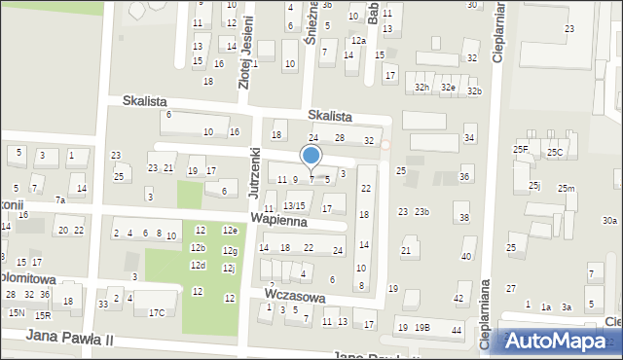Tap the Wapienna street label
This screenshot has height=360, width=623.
tap(277, 222)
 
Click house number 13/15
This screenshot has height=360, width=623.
tap(294, 205)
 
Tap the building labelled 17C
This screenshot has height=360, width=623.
tap(157, 312)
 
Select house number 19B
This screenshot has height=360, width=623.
tap(421, 328)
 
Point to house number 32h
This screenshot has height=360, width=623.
tap(421, 88)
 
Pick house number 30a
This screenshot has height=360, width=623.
tap(609, 221)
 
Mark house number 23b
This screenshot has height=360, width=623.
tap(421, 212)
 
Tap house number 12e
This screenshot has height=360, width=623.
tap(230, 231)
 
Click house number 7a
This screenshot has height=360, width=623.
tap(59, 199)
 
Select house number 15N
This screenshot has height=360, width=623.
tap(16, 313)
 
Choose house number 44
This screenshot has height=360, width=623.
tap(457, 331)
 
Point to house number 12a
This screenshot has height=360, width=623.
tap(358, 41)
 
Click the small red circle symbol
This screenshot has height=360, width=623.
tap(385, 146)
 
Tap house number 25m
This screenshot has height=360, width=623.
tap(566, 189)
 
